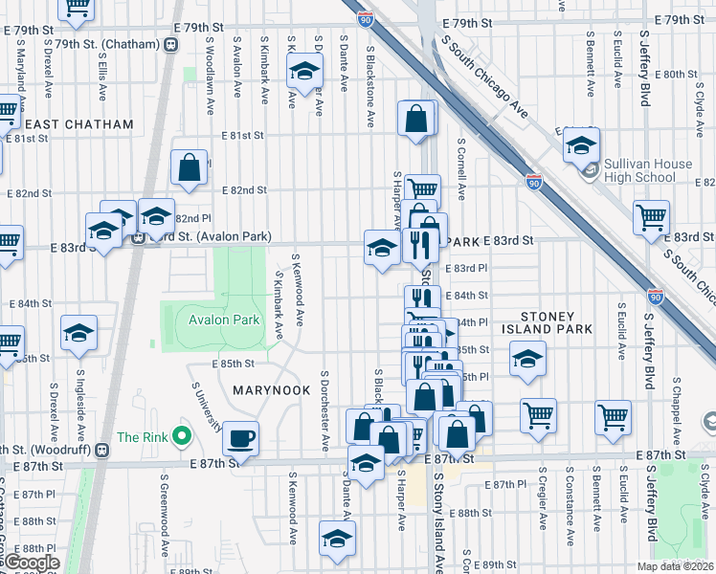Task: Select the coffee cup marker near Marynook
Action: [240, 438]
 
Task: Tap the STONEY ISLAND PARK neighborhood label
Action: [561, 322]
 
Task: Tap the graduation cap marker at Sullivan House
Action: [581, 145]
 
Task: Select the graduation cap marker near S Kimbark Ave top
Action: [304, 72]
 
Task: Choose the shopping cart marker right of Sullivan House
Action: [652, 217]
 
